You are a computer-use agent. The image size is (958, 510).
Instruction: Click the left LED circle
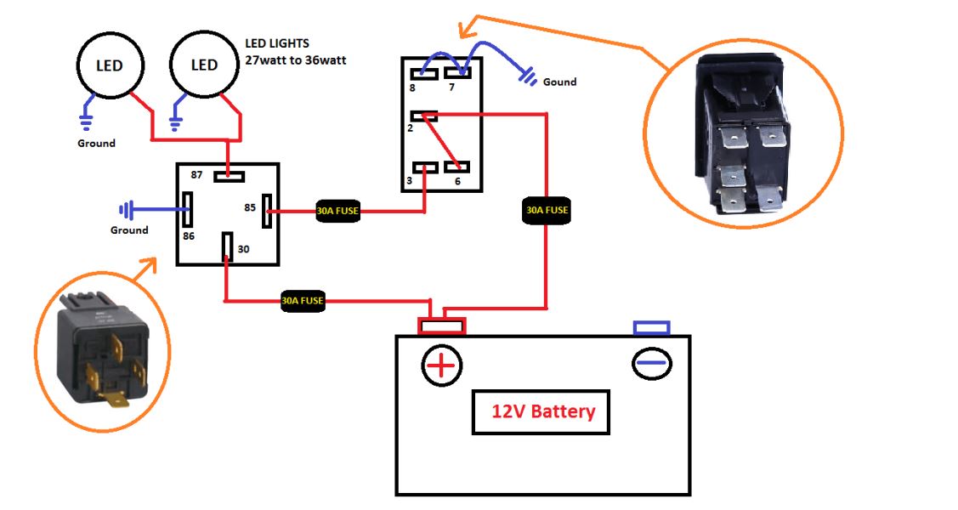point(108,65)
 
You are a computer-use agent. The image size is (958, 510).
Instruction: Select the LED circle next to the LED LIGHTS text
point(204,65)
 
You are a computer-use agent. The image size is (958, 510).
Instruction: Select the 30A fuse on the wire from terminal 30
point(303,301)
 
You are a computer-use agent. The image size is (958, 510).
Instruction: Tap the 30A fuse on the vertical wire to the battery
point(545,209)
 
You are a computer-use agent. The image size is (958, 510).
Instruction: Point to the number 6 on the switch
point(456,182)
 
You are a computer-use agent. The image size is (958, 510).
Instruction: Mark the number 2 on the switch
point(410,127)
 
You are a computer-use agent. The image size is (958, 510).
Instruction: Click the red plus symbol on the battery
point(442,365)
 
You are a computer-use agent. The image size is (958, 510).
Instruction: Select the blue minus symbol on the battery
point(652,363)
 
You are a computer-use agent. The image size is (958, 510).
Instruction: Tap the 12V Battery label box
point(541,413)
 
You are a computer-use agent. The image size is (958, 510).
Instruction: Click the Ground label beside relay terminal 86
point(129,229)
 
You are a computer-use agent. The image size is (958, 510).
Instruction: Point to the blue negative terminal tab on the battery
point(652,327)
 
